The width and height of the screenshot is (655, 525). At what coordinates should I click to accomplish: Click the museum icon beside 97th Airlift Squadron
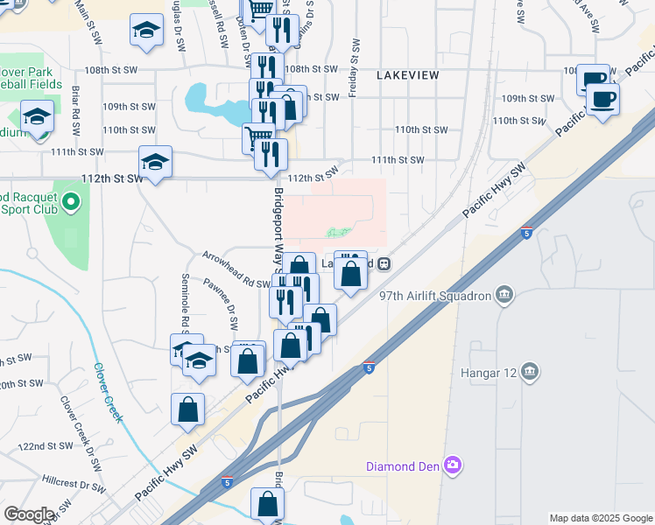[x=504, y=295]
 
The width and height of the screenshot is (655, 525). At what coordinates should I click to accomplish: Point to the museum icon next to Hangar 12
[x=529, y=373]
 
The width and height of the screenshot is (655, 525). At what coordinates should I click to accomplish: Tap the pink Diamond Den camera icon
[x=453, y=464]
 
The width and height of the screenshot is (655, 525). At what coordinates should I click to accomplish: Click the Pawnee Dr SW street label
[x=221, y=304]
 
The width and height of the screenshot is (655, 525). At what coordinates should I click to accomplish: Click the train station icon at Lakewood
[x=384, y=262]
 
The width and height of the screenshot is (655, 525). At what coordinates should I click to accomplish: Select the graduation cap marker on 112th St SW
[x=155, y=162]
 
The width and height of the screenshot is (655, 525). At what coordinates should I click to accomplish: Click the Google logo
[x=30, y=514]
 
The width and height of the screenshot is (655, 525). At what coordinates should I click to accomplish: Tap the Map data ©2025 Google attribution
[x=600, y=518]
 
